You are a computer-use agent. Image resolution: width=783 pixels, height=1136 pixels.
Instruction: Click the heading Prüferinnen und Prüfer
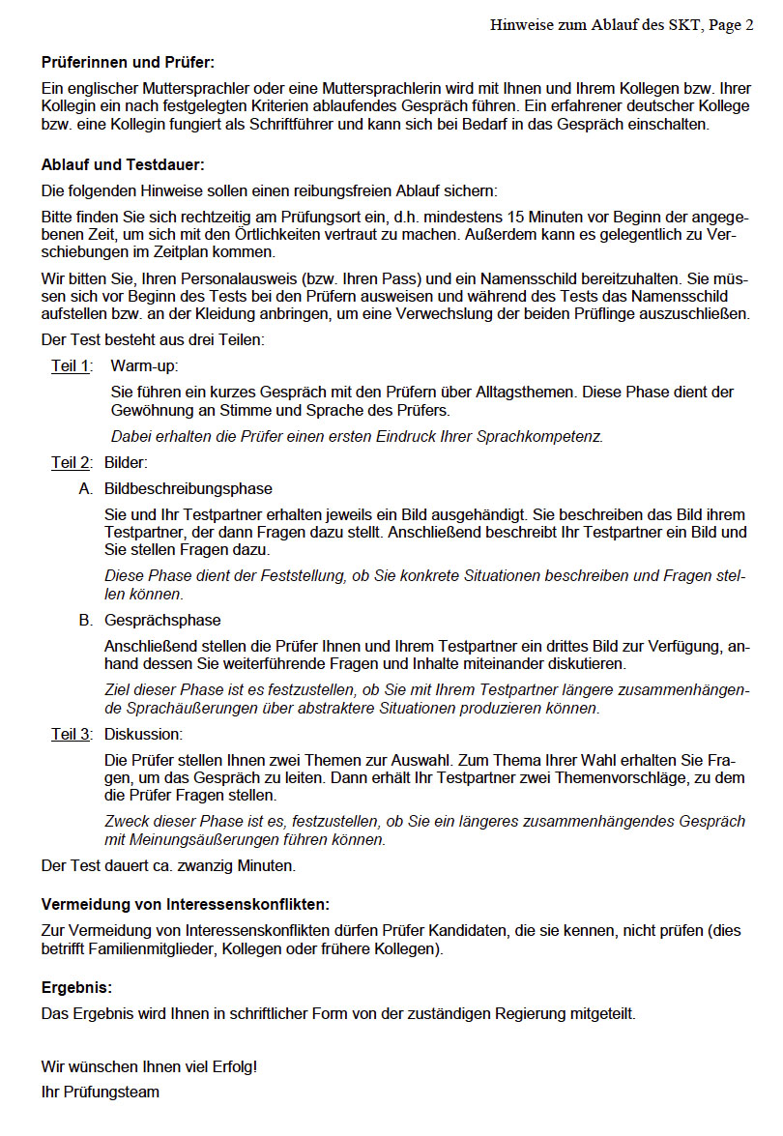(x=128, y=62)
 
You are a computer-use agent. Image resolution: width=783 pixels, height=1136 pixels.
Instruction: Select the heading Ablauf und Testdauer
(x=123, y=165)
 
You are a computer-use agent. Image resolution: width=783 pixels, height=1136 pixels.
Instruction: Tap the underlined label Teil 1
(x=71, y=365)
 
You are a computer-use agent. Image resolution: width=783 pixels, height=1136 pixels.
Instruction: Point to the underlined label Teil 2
(x=71, y=462)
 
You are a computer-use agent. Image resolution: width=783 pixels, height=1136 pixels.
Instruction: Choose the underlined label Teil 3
(x=71, y=734)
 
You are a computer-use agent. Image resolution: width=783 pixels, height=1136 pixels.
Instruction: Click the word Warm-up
(x=144, y=365)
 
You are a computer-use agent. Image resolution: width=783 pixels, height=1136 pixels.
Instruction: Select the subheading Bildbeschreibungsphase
(x=188, y=488)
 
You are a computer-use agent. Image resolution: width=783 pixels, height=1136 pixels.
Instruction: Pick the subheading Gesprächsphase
(x=162, y=620)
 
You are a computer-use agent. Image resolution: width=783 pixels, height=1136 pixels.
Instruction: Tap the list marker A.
(x=86, y=488)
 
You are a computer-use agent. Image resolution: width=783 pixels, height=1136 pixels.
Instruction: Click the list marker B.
(x=86, y=620)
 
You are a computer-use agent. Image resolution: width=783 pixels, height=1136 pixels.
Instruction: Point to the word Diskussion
(x=143, y=734)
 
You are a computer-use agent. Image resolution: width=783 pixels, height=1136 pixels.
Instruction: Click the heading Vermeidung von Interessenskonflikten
(x=186, y=904)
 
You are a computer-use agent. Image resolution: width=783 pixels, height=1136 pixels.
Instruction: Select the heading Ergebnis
(x=76, y=988)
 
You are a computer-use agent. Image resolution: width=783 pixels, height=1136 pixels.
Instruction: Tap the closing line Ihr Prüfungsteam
(x=101, y=1092)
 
